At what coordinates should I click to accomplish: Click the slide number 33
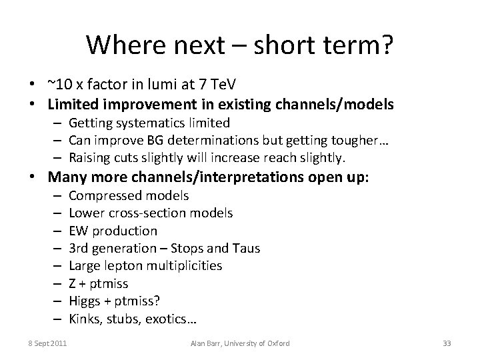(x=447, y=343)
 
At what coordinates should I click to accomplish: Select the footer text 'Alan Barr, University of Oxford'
(x=240, y=343)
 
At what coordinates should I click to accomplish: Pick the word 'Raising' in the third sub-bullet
(x=90, y=158)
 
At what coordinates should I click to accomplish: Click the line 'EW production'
(x=113, y=231)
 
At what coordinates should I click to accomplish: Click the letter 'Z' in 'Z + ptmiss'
(x=73, y=283)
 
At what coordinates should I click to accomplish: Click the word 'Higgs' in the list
(x=85, y=300)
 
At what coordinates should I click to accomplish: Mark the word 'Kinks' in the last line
(x=85, y=317)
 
